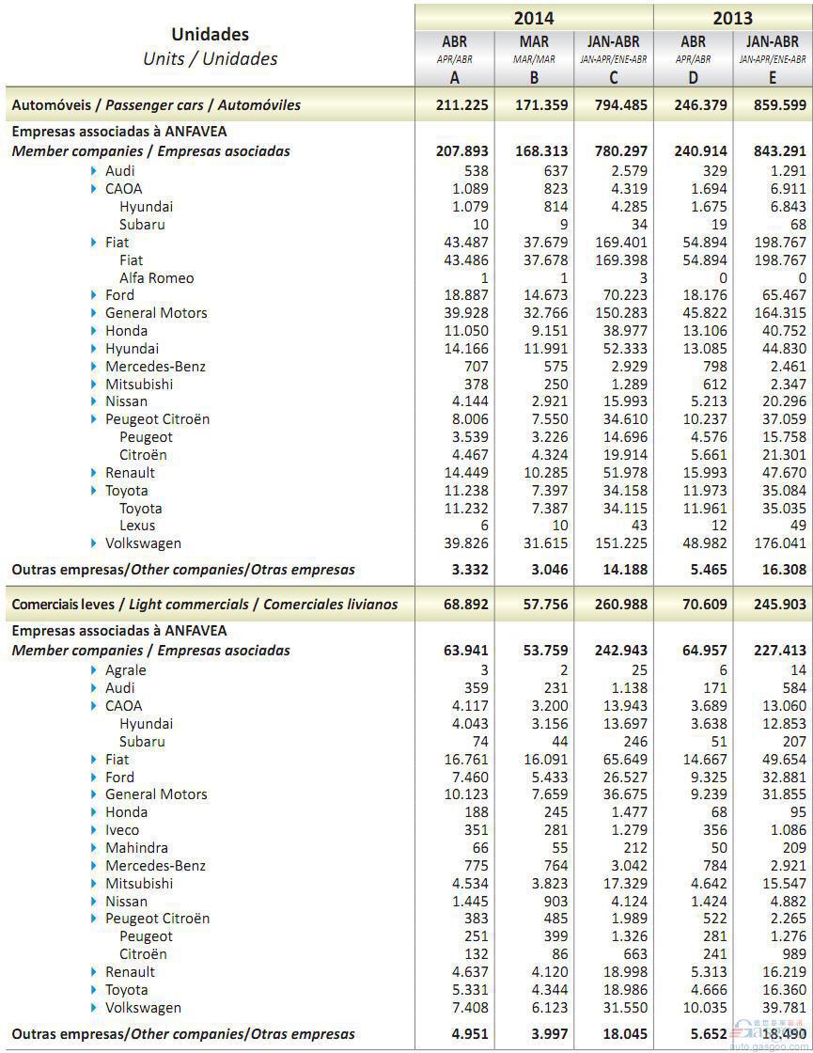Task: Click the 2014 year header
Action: [533, 18]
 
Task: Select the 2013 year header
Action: [732, 18]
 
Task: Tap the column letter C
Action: [613, 78]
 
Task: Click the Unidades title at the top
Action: [210, 35]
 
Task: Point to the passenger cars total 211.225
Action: [461, 104]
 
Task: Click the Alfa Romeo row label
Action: [156, 277]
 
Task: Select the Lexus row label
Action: [137, 526]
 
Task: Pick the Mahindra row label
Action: [136, 848]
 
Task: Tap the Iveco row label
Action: [122, 830]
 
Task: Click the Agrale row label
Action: [125, 670]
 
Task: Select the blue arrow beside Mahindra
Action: [95, 848]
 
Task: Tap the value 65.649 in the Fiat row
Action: [624, 760]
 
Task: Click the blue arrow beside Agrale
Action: [95, 670]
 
